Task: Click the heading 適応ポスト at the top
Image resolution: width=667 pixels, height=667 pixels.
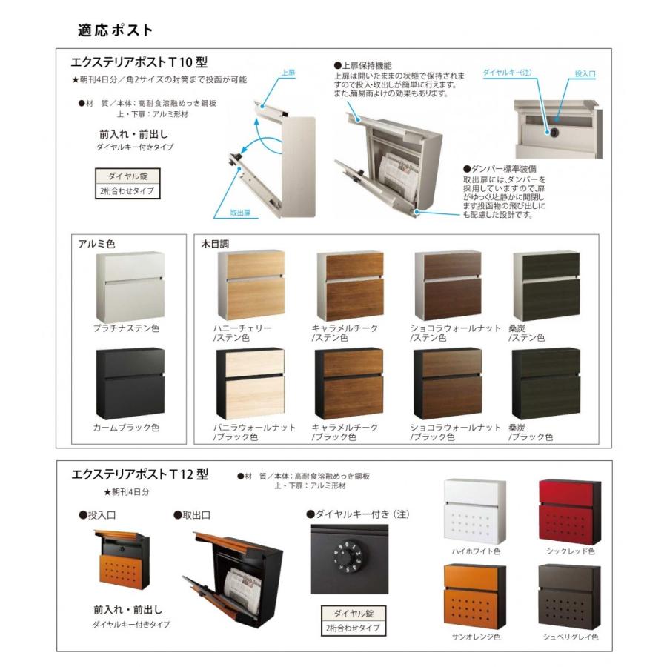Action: point(115,30)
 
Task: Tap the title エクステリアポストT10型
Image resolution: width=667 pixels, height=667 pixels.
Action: point(139,64)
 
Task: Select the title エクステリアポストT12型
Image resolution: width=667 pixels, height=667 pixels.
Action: point(139,475)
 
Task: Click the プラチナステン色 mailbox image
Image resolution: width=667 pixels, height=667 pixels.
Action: point(130,288)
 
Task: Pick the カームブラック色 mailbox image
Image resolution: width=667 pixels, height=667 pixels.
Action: point(130,384)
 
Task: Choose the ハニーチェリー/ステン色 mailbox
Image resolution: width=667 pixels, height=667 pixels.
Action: point(250,285)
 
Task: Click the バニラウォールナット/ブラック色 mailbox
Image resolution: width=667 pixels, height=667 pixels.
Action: point(250,383)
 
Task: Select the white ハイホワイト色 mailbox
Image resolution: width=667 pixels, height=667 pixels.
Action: point(475,512)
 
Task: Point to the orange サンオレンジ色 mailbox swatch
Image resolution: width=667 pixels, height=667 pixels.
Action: point(475,597)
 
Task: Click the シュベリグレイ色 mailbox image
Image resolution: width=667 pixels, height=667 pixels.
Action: point(568,597)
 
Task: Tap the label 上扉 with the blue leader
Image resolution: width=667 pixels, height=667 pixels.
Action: point(289,73)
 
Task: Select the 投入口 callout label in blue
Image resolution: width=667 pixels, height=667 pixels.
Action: point(585,74)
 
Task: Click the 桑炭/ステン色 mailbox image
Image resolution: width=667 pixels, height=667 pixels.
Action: point(547,285)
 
